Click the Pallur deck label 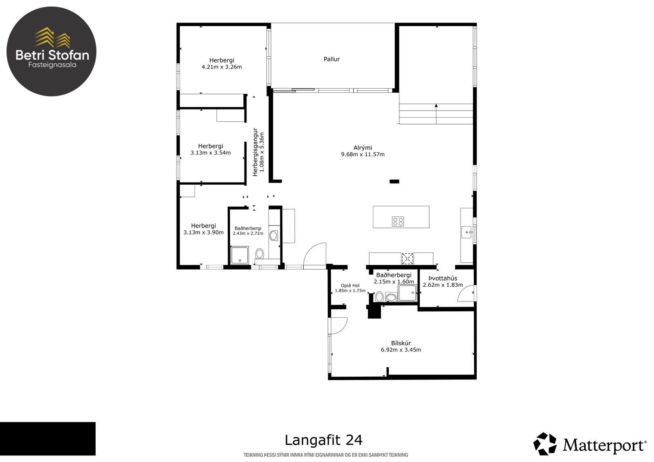[x=331, y=59]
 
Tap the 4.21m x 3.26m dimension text [x=222, y=67]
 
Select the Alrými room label [x=363, y=148]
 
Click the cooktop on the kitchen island [x=398, y=221]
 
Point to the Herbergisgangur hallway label [x=255, y=152]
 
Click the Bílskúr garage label [x=401, y=343]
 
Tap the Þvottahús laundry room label [x=443, y=279]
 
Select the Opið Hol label [x=350, y=286]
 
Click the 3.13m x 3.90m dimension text [x=204, y=232]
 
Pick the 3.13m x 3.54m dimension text [x=211, y=153]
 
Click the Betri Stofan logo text [x=52, y=55]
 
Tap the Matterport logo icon [x=545, y=444]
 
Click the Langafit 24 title [x=323, y=440]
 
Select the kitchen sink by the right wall [x=466, y=232]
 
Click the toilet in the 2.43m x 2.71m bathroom [x=260, y=254]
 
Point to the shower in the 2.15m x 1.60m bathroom [x=408, y=293]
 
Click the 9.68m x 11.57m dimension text [x=363, y=154]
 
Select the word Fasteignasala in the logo [x=52, y=65]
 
